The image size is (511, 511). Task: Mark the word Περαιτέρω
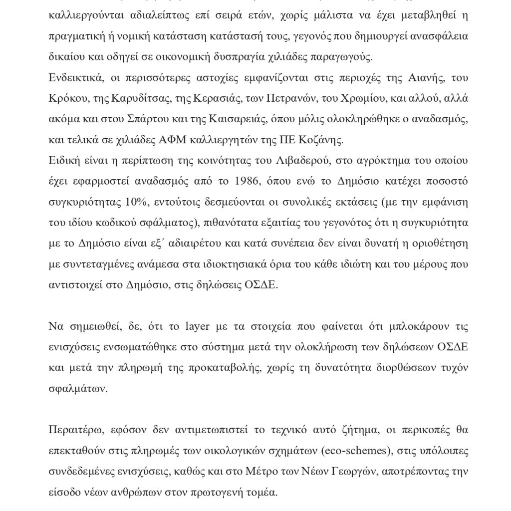tap(73, 430)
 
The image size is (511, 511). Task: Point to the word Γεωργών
tap(347, 472)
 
